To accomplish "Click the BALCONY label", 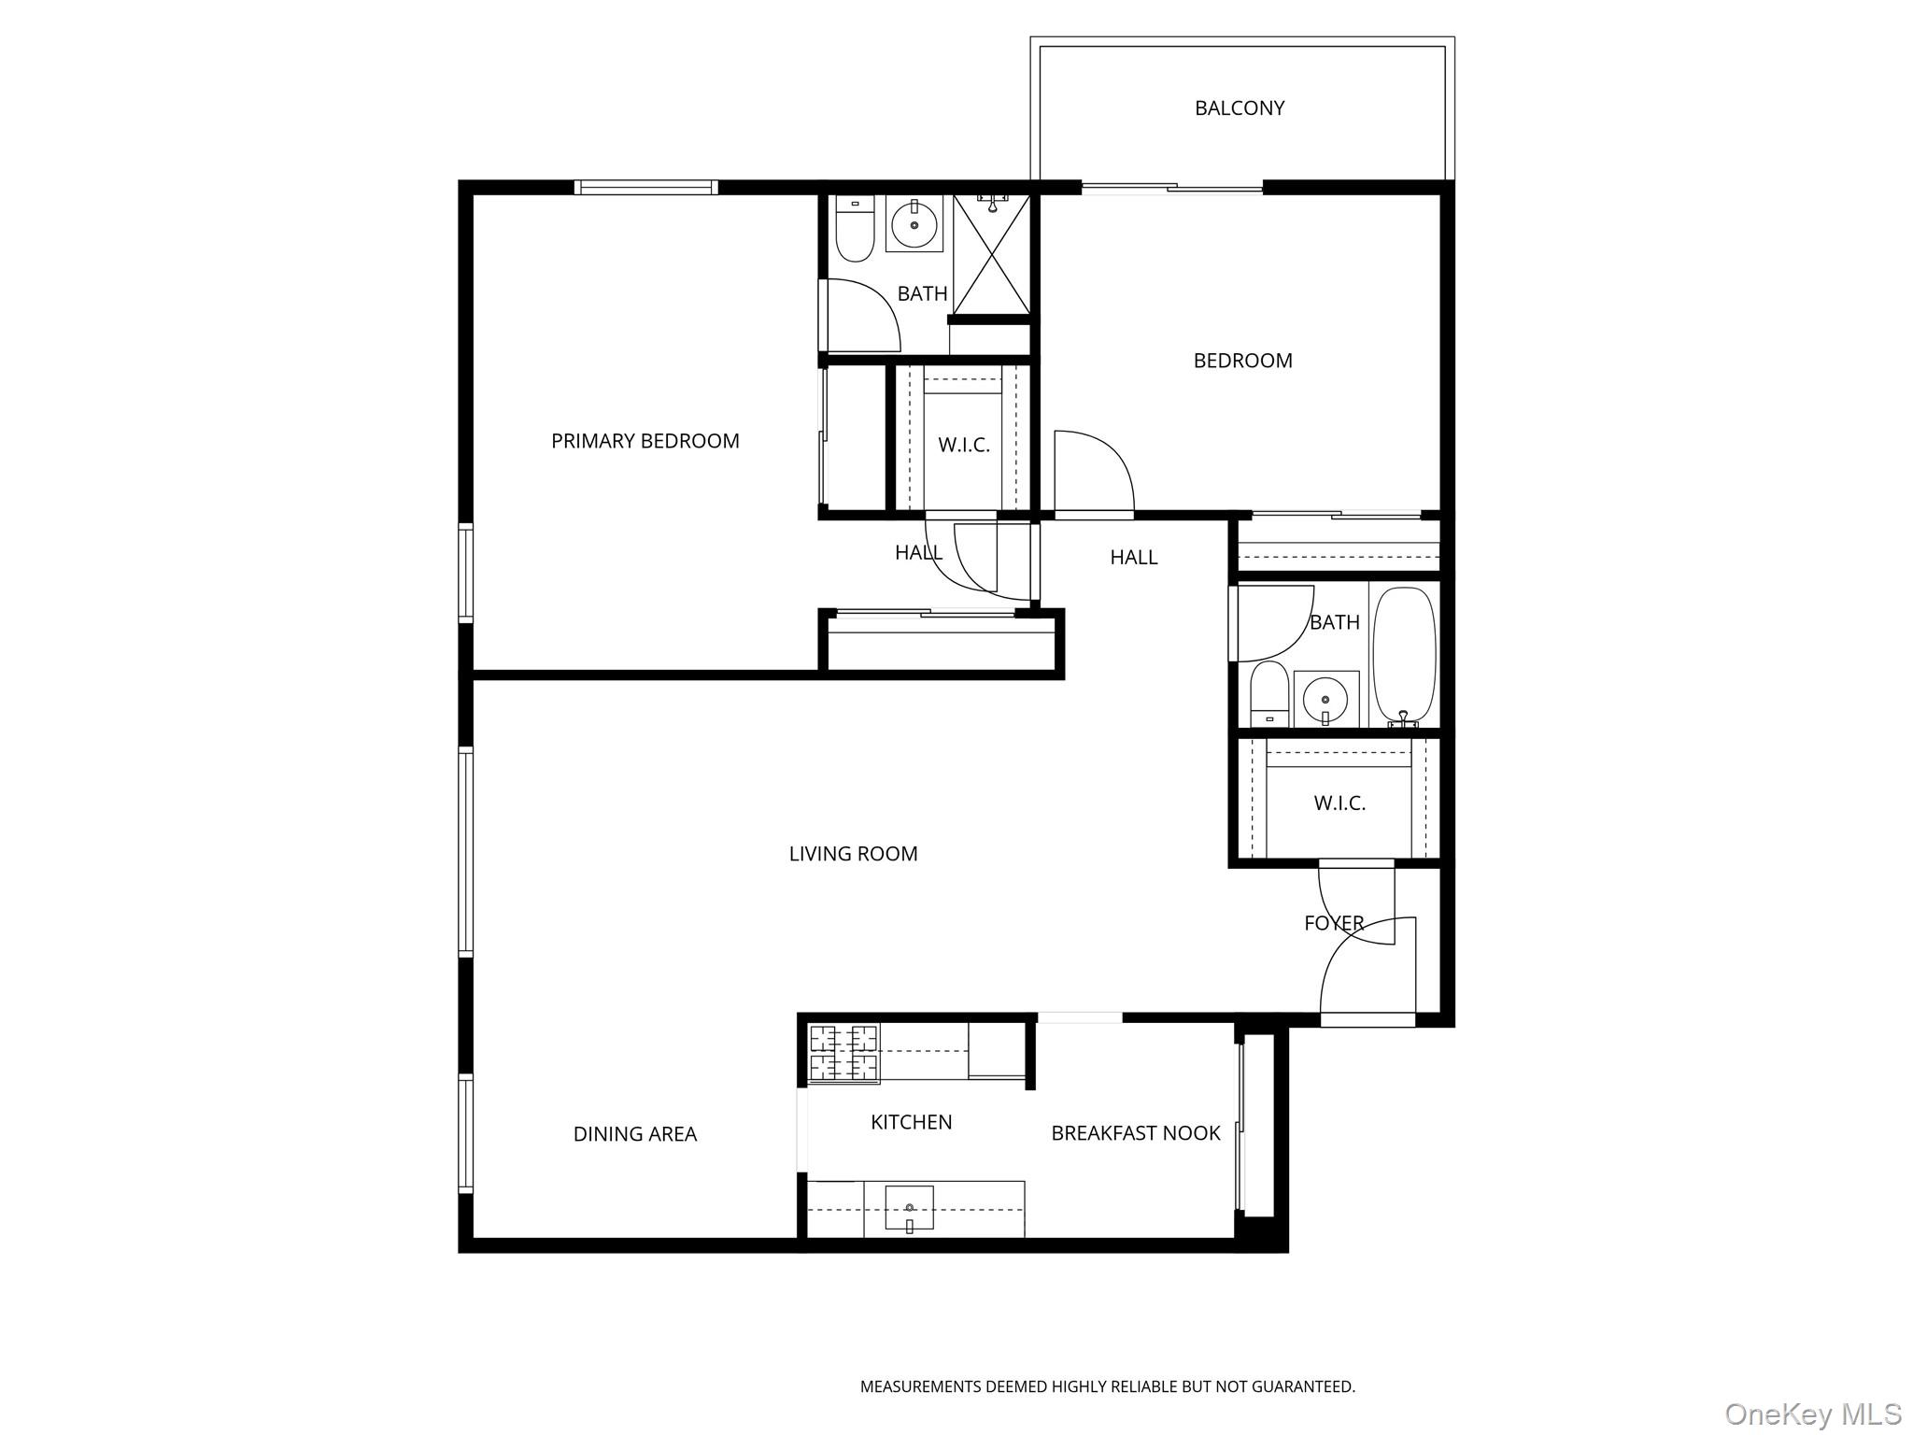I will [x=1239, y=108].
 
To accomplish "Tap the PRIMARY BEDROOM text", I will [x=645, y=441].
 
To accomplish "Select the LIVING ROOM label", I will [x=853, y=854].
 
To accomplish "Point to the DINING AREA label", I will [x=634, y=1134].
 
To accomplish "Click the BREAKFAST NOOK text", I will [x=1135, y=1133].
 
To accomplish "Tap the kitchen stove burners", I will [x=843, y=1054].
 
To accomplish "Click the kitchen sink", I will [x=909, y=1209].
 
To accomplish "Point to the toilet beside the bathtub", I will [x=1269, y=695].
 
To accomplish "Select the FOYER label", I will [x=1334, y=923].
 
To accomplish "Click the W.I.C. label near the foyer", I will [x=1339, y=803].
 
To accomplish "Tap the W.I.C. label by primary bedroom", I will [x=963, y=446].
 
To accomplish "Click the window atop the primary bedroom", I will [x=645, y=188].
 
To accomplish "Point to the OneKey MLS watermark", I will [x=1812, y=1414].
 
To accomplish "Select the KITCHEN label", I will [x=911, y=1122].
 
